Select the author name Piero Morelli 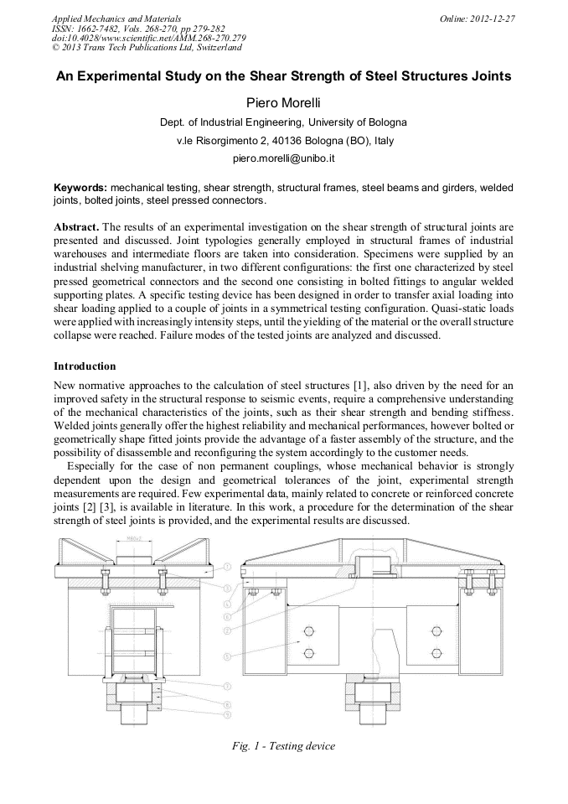(x=283, y=103)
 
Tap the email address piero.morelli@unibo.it (x=283, y=158)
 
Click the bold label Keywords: (x=80, y=188)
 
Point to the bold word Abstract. (x=76, y=227)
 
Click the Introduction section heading (x=85, y=366)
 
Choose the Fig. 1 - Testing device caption (x=283, y=746)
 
